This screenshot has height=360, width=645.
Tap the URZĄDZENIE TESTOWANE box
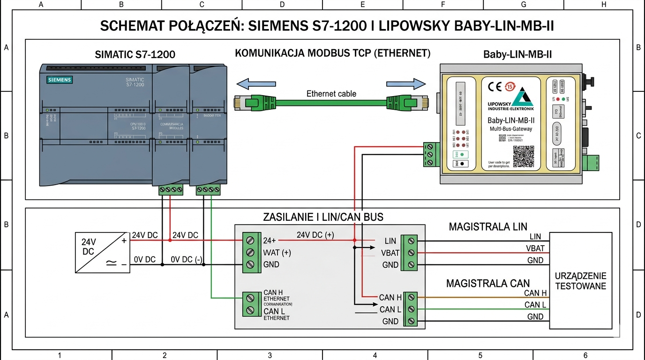580,280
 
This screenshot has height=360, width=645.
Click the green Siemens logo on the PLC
60,80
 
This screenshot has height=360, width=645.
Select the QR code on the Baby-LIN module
524,157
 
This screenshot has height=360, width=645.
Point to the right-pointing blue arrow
412,84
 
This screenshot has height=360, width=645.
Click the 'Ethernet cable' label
331,93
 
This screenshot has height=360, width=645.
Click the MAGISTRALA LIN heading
488,227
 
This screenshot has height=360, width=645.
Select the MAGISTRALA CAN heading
487,283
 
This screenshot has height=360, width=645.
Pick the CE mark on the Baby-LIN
495,87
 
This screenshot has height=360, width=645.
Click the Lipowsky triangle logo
522,97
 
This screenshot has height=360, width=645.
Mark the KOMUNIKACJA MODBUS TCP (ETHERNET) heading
332,53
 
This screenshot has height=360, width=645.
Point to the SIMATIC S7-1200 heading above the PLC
135,54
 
